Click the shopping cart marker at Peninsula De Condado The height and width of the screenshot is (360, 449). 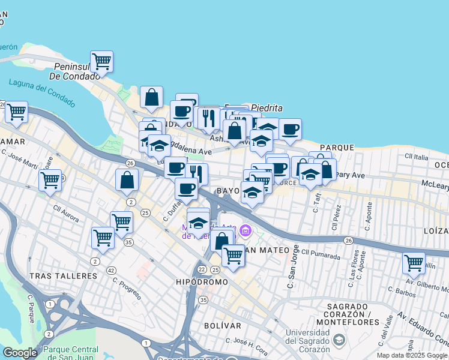(102, 61)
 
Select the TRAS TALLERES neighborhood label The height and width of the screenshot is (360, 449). (62, 276)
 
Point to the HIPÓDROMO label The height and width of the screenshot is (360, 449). (202, 282)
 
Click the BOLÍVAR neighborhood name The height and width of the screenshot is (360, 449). (221, 326)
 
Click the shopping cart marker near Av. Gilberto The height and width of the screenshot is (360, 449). (414, 262)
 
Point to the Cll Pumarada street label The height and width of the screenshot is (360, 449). (321, 252)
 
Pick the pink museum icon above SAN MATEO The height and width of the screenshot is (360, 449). (245, 230)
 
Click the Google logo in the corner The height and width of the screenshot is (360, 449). (20, 353)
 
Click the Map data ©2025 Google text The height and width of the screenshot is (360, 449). (412, 355)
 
